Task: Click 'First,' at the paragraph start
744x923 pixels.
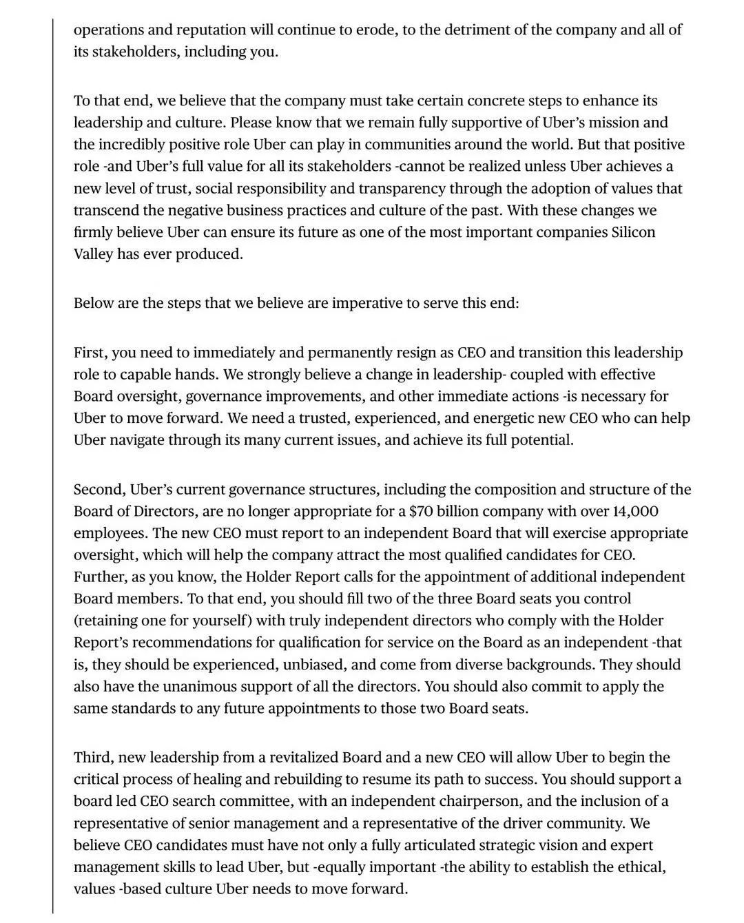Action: click(90, 353)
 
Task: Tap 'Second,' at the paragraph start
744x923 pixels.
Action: click(99, 490)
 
